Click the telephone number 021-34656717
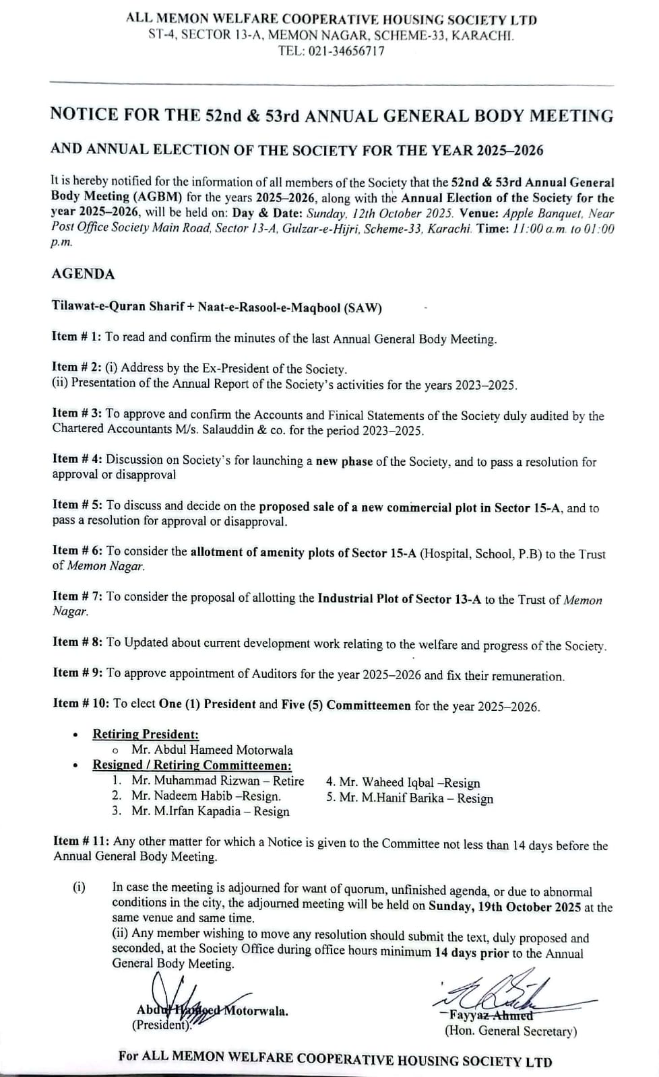click(346, 50)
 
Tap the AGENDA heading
click(83, 274)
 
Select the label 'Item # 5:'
click(77, 505)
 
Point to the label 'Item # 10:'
click(80, 703)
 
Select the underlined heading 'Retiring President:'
click(146, 734)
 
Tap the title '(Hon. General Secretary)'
click(510, 1031)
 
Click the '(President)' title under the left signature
click(162, 1026)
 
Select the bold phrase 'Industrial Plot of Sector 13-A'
click(399, 599)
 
